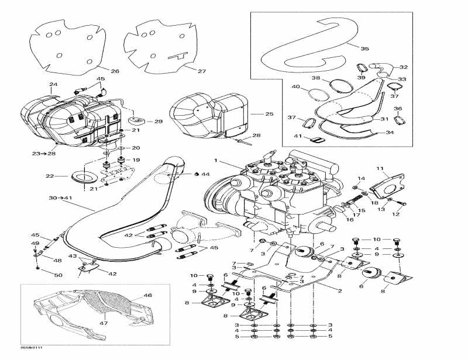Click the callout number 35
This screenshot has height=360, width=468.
(365, 49)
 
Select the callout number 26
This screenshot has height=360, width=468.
(115, 71)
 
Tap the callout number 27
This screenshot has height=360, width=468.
(202, 71)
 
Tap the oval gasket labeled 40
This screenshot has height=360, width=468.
(317, 95)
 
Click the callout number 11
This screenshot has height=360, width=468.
(379, 169)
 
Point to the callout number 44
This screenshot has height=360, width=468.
(205, 174)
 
